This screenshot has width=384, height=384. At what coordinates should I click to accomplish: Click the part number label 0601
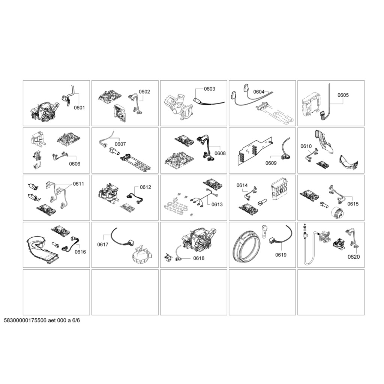(x=79, y=108)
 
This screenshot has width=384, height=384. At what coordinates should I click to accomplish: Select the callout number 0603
(x=209, y=89)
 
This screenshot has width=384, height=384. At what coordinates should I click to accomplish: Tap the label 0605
(x=343, y=95)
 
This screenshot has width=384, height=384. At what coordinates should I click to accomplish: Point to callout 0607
(x=120, y=144)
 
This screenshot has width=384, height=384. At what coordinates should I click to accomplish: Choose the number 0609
(x=271, y=163)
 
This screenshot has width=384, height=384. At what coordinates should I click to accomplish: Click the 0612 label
(x=145, y=187)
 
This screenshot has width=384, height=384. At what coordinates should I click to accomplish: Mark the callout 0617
(x=103, y=244)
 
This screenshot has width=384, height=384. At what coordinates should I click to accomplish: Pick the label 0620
(x=354, y=256)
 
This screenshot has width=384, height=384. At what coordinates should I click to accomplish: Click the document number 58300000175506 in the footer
(x=25, y=320)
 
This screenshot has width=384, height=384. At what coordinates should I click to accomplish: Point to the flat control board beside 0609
(x=255, y=152)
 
